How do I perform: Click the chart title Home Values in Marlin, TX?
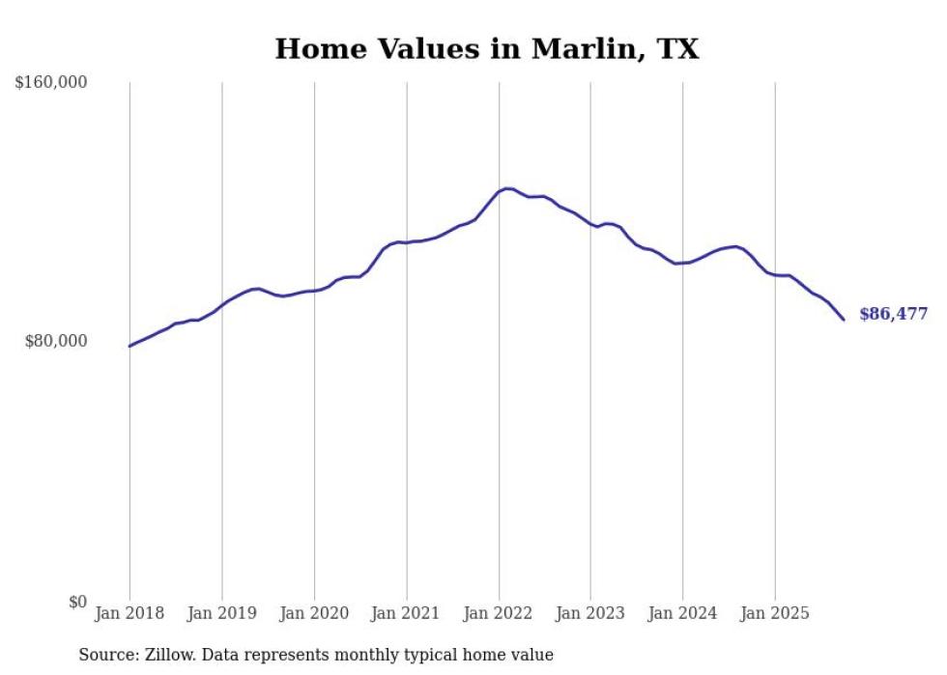point(486,48)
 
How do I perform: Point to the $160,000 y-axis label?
point(51,83)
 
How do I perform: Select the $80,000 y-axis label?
point(55,341)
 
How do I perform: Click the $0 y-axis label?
point(77,602)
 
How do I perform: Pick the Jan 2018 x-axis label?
point(129,613)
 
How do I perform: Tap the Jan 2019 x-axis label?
point(221,613)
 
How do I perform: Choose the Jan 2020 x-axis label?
point(314,613)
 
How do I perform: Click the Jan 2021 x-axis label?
point(406,613)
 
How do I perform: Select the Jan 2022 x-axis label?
point(499,613)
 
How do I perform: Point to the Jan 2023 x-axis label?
point(590,613)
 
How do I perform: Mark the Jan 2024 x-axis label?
point(682,613)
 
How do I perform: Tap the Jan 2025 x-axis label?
point(775,613)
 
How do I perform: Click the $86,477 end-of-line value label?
point(893,314)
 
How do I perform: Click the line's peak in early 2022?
point(508,188)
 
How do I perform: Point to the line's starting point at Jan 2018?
point(129,346)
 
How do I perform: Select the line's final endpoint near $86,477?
point(844,320)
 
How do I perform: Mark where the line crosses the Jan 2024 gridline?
point(682,263)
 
